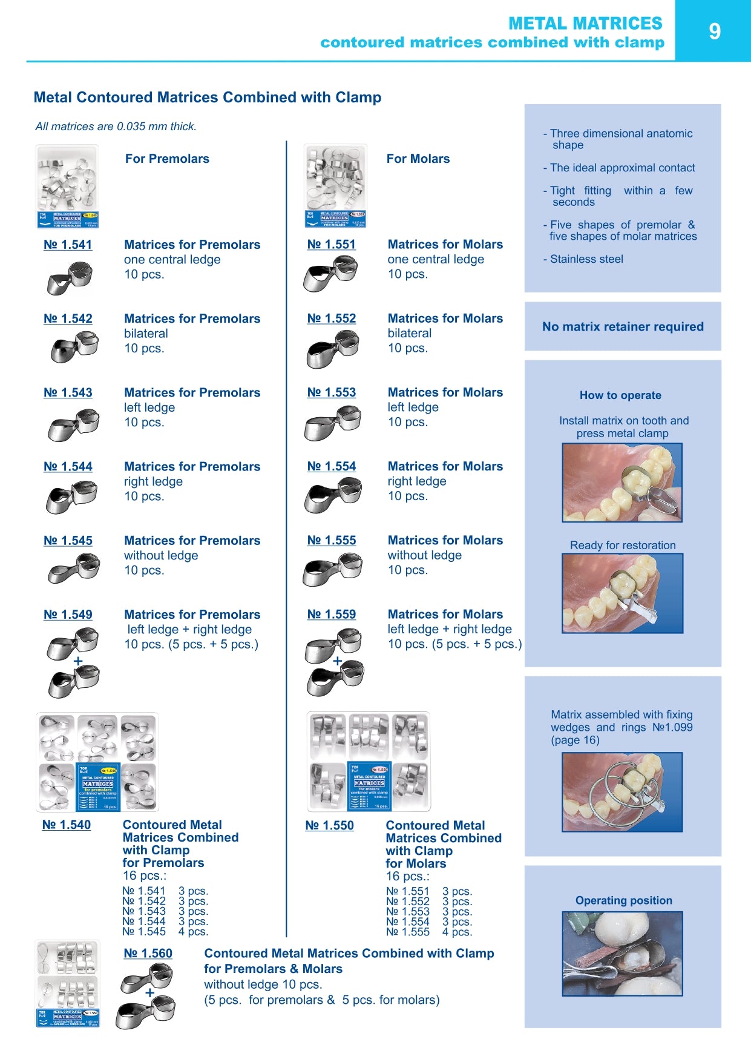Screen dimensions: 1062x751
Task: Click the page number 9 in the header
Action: pyautogui.click(x=714, y=31)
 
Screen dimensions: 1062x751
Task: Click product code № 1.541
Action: pyautogui.click(x=68, y=245)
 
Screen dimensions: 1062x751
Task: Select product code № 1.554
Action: pyautogui.click(x=332, y=466)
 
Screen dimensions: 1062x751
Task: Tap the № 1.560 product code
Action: pyautogui.click(x=148, y=953)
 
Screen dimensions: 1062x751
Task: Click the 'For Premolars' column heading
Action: pyautogui.click(x=167, y=159)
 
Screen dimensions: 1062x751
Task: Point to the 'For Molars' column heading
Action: pyautogui.click(x=418, y=159)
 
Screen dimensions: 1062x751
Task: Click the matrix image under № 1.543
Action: pyautogui.click(x=73, y=424)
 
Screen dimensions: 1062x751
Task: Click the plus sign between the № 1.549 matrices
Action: pyautogui.click(x=77, y=661)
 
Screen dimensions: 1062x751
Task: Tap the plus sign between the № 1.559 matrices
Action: pyautogui.click(x=338, y=661)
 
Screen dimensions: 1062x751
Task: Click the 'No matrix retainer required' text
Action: pyautogui.click(x=623, y=327)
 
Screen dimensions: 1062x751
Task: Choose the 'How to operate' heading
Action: pyautogui.click(x=620, y=395)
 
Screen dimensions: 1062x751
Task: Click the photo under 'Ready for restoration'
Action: pyautogui.click(x=623, y=593)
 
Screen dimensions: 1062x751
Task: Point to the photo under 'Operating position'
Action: pyautogui.click(x=623, y=954)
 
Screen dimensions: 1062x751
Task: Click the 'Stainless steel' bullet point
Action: pyautogui.click(x=586, y=259)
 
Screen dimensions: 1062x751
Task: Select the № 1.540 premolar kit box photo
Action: pyautogui.click(x=97, y=762)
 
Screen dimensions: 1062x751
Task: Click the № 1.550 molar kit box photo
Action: pyautogui.click(x=369, y=762)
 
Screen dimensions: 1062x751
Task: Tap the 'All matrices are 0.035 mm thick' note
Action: pyautogui.click(x=116, y=127)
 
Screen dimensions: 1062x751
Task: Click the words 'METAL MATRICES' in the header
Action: pyautogui.click(x=585, y=23)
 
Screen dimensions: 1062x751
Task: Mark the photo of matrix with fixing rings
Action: pyautogui.click(x=623, y=792)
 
